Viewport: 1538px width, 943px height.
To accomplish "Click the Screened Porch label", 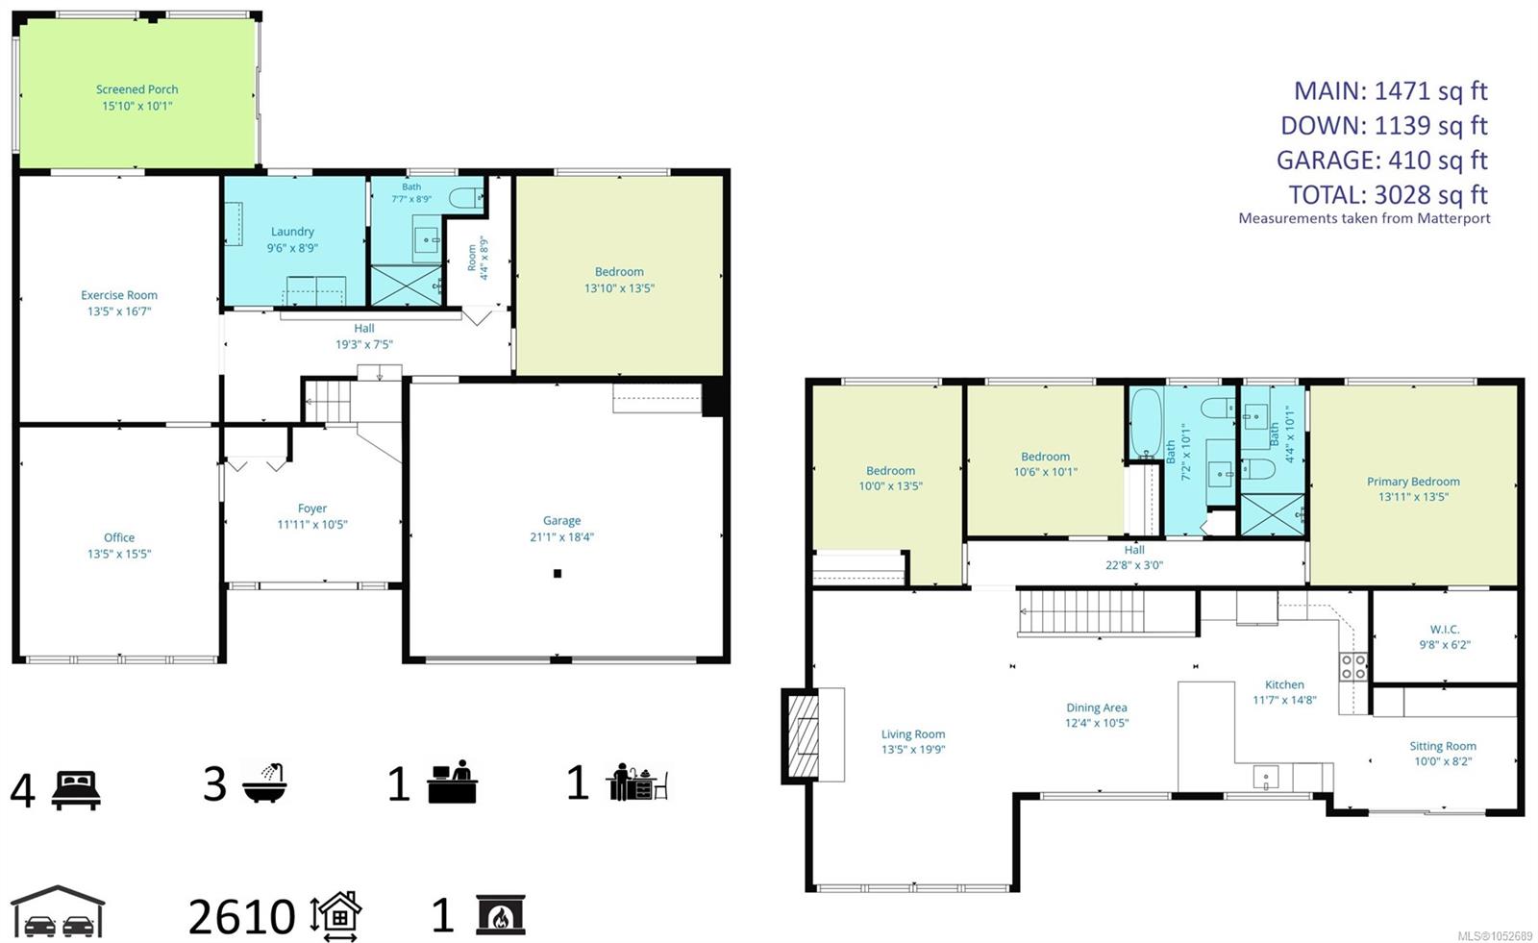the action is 136,89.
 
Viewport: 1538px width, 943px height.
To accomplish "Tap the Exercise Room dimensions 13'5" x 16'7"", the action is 119,311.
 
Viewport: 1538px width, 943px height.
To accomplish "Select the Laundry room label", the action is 292,232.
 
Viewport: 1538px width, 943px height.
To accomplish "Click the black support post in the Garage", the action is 558,574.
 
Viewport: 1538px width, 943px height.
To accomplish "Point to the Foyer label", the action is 311,509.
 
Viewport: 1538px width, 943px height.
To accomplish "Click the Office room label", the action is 119,537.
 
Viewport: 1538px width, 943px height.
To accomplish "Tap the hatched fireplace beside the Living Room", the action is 801,735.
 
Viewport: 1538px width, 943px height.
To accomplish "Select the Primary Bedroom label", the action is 1413,482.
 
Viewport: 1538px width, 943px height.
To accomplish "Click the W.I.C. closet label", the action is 1445,629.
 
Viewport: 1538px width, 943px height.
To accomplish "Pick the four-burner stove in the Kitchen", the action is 1353,666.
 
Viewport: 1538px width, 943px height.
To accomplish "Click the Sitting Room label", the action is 1443,746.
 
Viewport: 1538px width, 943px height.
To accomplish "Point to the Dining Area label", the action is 1097,707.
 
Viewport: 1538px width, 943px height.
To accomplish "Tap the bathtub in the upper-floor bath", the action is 1147,423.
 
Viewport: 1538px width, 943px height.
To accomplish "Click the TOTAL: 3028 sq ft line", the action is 1388,195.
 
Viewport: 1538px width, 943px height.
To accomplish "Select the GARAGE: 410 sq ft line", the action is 1381,160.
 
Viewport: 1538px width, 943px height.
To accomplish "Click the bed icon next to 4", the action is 76,790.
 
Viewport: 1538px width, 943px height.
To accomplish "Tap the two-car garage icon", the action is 59,911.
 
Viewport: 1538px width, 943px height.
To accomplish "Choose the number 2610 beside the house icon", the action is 241,917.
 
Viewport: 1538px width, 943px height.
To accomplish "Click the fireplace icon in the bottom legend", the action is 501,914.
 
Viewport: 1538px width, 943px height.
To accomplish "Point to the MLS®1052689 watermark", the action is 1495,936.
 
